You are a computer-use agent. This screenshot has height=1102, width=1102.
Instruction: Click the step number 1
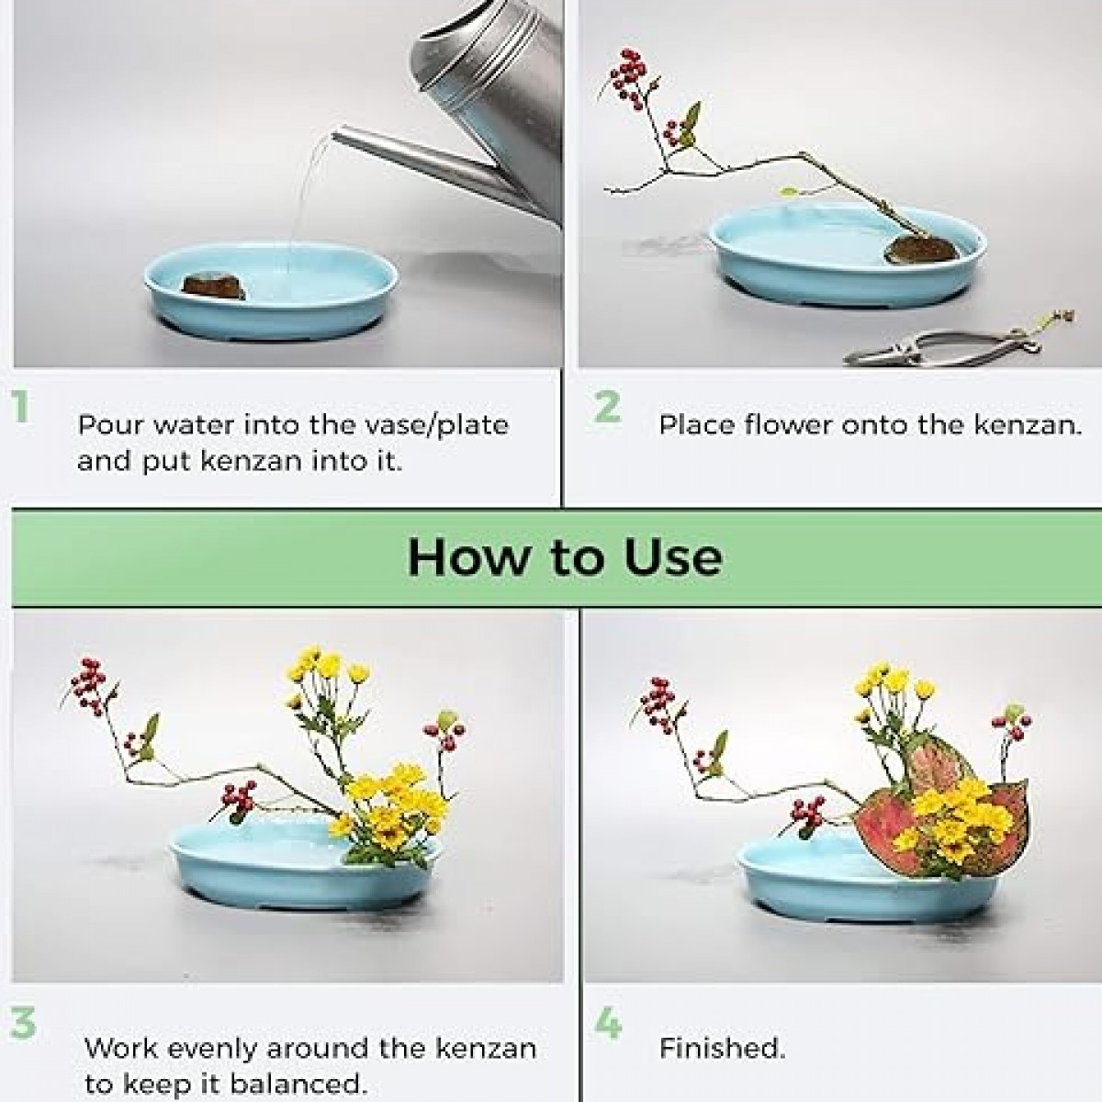20,406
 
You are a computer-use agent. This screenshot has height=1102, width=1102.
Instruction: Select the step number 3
24,1023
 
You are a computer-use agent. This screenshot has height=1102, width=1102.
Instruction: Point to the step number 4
609,1023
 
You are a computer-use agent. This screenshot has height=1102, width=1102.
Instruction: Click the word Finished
723,1048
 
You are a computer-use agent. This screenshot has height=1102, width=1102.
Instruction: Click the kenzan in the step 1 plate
213,287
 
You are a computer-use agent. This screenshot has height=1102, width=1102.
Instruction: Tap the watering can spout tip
336,136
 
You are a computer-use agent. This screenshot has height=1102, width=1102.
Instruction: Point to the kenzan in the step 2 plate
921,250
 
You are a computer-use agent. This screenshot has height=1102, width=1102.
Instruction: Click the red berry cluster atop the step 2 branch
628,78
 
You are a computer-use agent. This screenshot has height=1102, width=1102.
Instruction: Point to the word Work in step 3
120,1048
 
